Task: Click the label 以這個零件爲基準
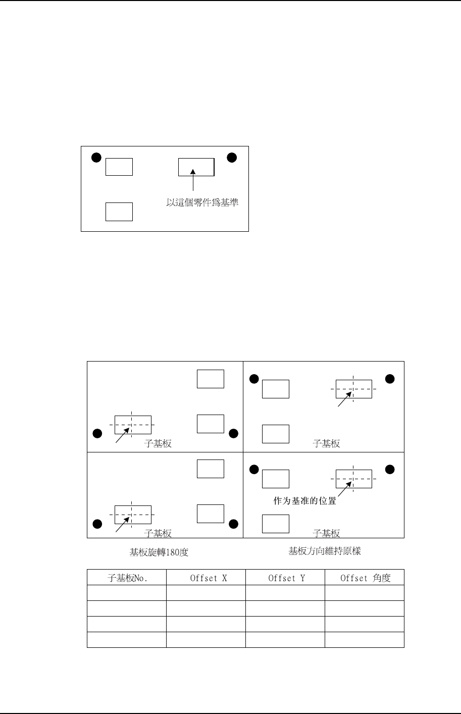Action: (x=202, y=203)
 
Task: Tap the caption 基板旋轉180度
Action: (x=159, y=552)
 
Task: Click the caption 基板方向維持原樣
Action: (x=325, y=551)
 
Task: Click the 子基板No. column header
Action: (x=127, y=578)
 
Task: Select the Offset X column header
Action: (x=206, y=578)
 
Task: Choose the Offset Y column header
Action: (x=285, y=578)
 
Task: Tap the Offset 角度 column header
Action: (x=365, y=578)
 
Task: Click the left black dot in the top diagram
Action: (x=96, y=158)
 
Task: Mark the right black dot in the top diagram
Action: (x=231, y=158)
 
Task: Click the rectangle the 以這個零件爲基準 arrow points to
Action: (x=196, y=167)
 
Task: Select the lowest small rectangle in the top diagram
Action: (x=119, y=212)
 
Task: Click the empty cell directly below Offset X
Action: (x=206, y=593)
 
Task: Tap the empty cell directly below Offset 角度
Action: (x=365, y=593)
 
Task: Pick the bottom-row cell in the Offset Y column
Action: (x=285, y=640)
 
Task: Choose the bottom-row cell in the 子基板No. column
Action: (x=127, y=640)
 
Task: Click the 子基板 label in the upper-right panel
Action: (x=327, y=444)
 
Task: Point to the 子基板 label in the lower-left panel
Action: (x=158, y=533)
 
